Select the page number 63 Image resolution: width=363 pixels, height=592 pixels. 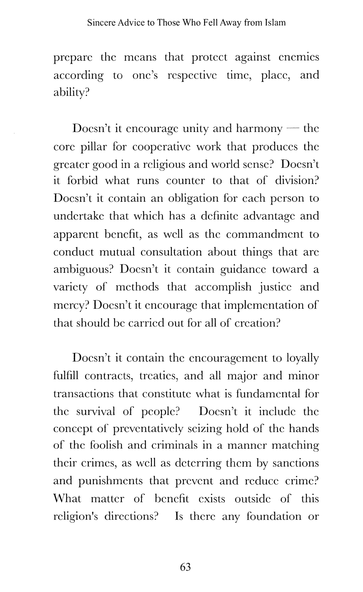(185, 567)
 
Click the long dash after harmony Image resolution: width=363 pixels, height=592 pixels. (293, 129)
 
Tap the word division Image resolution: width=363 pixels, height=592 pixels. (297, 180)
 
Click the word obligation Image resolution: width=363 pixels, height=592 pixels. (193, 198)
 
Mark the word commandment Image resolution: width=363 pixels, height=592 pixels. (265, 234)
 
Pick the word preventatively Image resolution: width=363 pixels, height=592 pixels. (148, 429)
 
